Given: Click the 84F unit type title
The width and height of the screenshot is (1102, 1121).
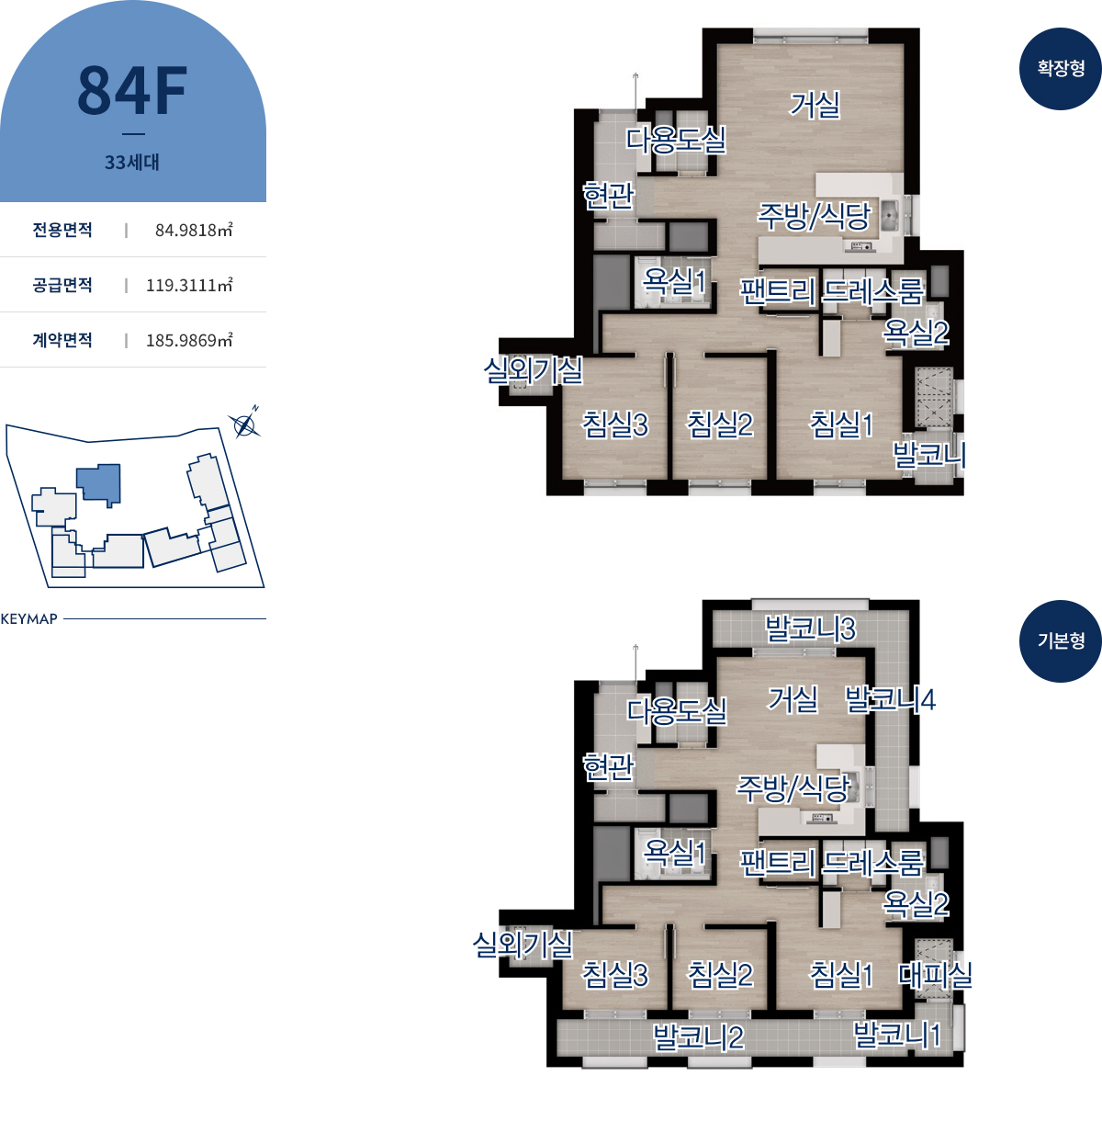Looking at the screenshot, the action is point(132,90).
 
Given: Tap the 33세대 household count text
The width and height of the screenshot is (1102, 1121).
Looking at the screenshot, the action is point(132,162).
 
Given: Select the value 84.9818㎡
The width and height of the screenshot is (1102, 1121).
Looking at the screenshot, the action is point(194,230).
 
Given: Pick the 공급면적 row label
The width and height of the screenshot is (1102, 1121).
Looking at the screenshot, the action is point(62,285).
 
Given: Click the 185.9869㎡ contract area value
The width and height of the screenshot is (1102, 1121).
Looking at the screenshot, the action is point(189,340).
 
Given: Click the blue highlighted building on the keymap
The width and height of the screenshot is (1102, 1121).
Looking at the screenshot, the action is point(99,483).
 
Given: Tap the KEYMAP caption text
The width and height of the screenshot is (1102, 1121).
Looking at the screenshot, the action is point(29,619).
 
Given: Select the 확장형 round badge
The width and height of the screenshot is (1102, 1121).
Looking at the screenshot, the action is point(1060,69).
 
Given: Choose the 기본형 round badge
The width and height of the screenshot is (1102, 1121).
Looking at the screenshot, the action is point(1060,641).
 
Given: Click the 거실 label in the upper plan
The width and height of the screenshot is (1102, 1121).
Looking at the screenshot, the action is point(815,106).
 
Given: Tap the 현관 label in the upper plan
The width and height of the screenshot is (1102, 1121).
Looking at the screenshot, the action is point(608,195).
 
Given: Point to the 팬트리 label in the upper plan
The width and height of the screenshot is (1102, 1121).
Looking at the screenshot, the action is point(778,291).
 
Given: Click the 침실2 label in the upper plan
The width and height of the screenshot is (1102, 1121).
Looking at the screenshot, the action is point(720,425).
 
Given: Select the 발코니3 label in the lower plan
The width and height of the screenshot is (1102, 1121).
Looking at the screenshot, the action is point(810,628).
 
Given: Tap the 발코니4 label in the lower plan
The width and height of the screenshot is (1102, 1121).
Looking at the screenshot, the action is point(890,699).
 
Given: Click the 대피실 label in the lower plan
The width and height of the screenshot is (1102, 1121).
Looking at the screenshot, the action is point(935,974).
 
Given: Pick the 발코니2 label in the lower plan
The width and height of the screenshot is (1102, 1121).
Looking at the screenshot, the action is point(698,1037).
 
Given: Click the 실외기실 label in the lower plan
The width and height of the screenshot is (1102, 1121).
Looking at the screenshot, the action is point(523,945).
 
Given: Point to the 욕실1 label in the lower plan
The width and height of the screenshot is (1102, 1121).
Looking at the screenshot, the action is point(674,853).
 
